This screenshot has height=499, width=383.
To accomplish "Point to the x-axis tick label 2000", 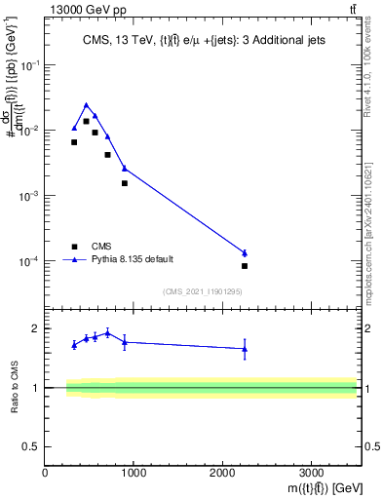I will pyautogui.click(x=222, y=475).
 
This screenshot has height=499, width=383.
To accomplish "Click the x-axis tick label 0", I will pyautogui.click(x=46, y=475).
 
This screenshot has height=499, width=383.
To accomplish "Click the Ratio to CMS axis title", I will pyautogui.click(x=14, y=387).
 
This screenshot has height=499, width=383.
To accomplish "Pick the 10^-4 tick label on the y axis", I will pyautogui.click(x=31, y=261).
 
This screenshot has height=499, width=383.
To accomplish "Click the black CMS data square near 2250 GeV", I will pyautogui.click(x=245, y=266).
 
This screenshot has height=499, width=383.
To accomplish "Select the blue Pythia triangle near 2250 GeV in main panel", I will pyautogui.click(x=245, y=253).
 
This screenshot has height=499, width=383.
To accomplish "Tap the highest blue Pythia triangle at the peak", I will pyautogui.click(x=86, y=105).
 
